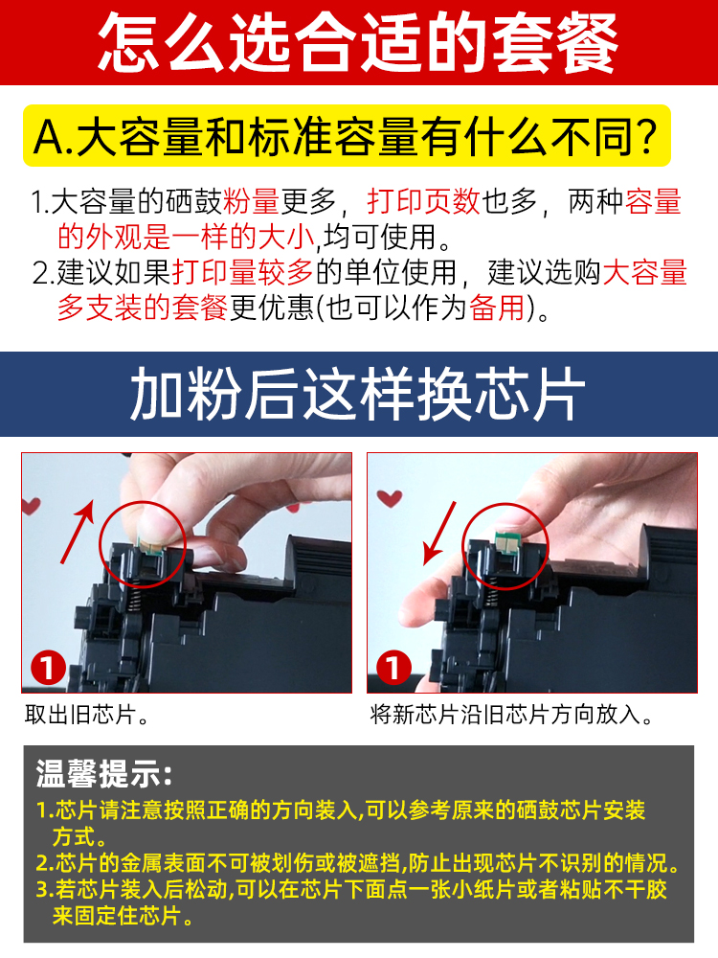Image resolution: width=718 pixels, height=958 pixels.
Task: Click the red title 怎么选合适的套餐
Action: tap(358, 43)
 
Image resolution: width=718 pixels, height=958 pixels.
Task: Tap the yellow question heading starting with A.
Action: tap(347, 136)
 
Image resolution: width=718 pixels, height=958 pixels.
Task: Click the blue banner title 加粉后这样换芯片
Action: tap(358, 394)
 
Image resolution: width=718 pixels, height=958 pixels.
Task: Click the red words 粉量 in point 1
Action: tap(251, 201)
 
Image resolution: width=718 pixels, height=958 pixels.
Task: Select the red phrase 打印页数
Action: tap(424, 201)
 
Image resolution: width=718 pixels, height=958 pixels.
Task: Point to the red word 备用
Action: tap(498, 308)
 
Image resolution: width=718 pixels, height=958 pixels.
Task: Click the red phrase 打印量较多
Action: tap(243, 272)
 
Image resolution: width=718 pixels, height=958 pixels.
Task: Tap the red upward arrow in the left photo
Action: tap(78, 531)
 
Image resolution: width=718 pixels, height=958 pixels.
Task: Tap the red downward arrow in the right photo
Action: tap(440, 533)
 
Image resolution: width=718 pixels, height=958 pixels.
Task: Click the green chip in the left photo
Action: tap(149, 546)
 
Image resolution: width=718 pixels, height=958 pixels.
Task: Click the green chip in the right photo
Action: tap(505, 541)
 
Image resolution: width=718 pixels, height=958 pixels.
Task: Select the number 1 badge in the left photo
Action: tap(48, 667)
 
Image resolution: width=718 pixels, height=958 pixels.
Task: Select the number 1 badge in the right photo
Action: tap(393, 667)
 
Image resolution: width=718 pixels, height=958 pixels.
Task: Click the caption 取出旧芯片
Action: tap(86, 715)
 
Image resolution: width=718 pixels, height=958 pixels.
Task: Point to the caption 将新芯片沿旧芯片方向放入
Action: tap(511, 715)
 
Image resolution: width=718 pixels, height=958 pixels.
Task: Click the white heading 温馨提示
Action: tap(103, 773)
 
